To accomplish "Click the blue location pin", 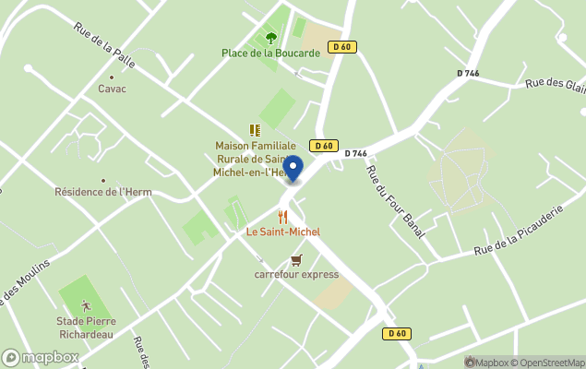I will pos(293,169).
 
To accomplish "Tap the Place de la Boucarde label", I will pos(270,53).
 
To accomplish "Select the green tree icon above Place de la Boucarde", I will pos(270,38).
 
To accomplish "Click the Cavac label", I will pos(112,89).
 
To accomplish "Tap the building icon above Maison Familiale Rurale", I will pos(255,131).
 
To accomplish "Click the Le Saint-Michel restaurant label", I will pos(282,232).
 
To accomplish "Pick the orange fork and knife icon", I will pos(282,217).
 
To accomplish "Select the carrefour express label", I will pos(296,274).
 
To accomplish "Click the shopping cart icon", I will pos(296,259).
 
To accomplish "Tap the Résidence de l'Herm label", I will pos(102,193).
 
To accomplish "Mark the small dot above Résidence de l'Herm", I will pos(102,181).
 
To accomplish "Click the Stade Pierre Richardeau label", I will pos(86,327).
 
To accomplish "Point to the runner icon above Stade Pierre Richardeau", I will pos(86,304).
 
